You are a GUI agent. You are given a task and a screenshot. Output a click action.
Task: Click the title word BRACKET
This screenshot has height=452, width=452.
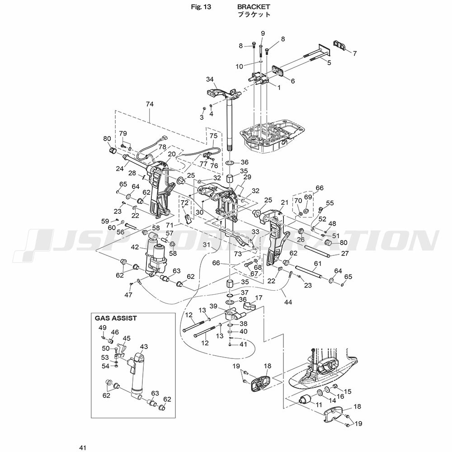(x=254, y=7)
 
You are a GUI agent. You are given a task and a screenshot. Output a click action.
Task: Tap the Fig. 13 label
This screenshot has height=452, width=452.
(x=202, y=7)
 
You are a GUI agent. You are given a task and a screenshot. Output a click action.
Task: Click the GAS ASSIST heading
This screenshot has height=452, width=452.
(x=116, y=318)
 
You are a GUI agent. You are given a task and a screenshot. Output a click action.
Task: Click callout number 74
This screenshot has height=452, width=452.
(x=150, y=104)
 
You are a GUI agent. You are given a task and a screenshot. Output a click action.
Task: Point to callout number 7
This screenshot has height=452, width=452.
(x=354, y=53)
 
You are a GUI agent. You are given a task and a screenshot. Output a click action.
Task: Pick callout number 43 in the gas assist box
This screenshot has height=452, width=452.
(x=144, y=347)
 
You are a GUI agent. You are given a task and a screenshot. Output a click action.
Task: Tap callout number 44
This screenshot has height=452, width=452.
(x=288, y=302)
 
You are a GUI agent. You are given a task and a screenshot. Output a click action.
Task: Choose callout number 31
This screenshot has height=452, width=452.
(x=207, y=245)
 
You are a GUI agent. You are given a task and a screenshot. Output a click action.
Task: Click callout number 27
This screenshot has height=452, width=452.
(x=345, y=254)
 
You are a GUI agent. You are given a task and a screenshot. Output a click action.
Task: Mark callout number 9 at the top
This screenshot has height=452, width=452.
(x=263, y=33)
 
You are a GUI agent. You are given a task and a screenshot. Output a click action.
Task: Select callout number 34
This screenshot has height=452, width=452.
(x=210, y=79)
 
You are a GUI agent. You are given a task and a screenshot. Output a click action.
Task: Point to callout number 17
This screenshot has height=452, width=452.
(x=259, y=298)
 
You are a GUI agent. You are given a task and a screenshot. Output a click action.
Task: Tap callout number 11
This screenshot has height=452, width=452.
(x=319, y=404)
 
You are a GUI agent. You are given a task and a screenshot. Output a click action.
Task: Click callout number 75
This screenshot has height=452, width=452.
(x=213, y=136)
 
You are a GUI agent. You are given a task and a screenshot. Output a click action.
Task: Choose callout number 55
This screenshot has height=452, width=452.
(x=330, y=203)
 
